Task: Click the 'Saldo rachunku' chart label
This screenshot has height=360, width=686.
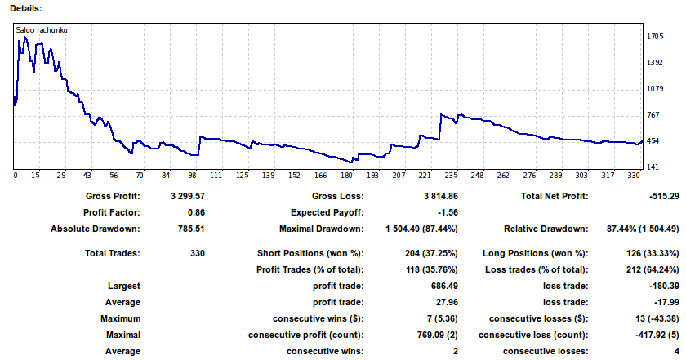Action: point(41,30)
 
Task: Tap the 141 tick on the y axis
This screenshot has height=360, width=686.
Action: point(653,167)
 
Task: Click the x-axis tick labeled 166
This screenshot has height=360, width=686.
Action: point(321,176)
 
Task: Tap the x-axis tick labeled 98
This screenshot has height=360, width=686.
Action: point(191,176)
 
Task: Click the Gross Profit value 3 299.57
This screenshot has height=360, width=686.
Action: point(188,196)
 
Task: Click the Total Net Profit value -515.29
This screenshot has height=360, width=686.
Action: point(657,196)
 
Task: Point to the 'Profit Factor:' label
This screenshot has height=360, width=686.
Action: point(113,212)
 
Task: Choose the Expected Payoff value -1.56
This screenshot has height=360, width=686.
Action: point(434,212)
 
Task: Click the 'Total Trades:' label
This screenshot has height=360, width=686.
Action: point(113,253)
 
